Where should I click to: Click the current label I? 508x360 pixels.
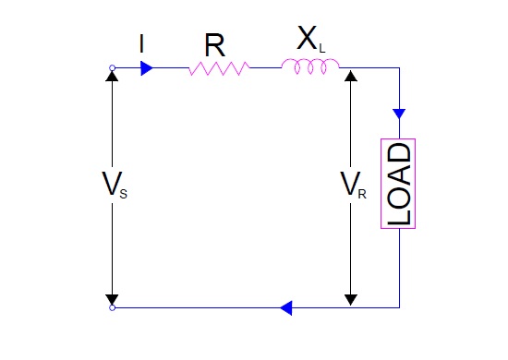140,44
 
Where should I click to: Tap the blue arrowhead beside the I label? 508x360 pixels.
146,67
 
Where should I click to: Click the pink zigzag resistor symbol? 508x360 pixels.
219,68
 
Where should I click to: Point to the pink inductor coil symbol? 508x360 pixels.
310,66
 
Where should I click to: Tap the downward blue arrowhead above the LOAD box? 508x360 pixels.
399,114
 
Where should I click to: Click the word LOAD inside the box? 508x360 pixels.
399,184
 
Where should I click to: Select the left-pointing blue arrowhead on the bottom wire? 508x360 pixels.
286,306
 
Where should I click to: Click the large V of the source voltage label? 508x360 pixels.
108,186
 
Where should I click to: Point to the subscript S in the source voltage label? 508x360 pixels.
123,193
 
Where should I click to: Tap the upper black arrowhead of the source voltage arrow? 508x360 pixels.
112,75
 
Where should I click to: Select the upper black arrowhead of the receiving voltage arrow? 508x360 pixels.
350,75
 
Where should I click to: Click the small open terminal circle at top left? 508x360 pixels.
112,67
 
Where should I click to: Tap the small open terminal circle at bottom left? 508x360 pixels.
112,307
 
